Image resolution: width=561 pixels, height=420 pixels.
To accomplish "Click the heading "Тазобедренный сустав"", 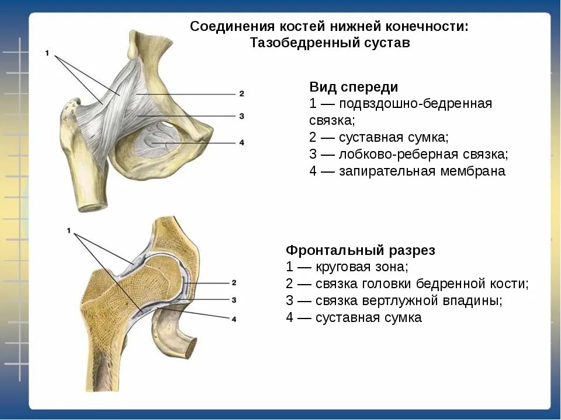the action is coord(330,43).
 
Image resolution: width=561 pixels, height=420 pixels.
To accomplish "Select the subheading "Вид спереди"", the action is coord(354,87).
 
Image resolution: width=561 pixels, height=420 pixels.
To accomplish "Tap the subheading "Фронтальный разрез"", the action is coord(360,250).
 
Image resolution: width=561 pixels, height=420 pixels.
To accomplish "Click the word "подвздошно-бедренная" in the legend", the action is coord(415,104).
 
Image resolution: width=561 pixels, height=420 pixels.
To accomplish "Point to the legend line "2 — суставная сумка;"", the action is coord(379,138).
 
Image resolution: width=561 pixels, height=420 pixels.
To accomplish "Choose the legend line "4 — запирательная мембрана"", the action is coord(407,171).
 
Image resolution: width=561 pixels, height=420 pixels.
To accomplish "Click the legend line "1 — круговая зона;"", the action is coord(347,267).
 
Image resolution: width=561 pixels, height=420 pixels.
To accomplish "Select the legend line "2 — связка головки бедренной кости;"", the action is coord(407,284).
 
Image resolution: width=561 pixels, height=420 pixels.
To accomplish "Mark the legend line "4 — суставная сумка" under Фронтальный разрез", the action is coord(354,318).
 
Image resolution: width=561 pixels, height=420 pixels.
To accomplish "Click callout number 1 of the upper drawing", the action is coord(47,54).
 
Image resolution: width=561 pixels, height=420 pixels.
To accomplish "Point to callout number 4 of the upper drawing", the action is coord(241,143).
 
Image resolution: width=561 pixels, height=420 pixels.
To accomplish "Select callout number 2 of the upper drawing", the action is coord(241,93).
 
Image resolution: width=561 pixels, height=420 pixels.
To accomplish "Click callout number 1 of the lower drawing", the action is coord(68,231).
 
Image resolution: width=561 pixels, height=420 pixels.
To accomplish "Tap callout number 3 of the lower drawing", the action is coord(234,300).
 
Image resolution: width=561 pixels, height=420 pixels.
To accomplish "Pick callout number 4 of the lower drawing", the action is coord(234,319).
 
